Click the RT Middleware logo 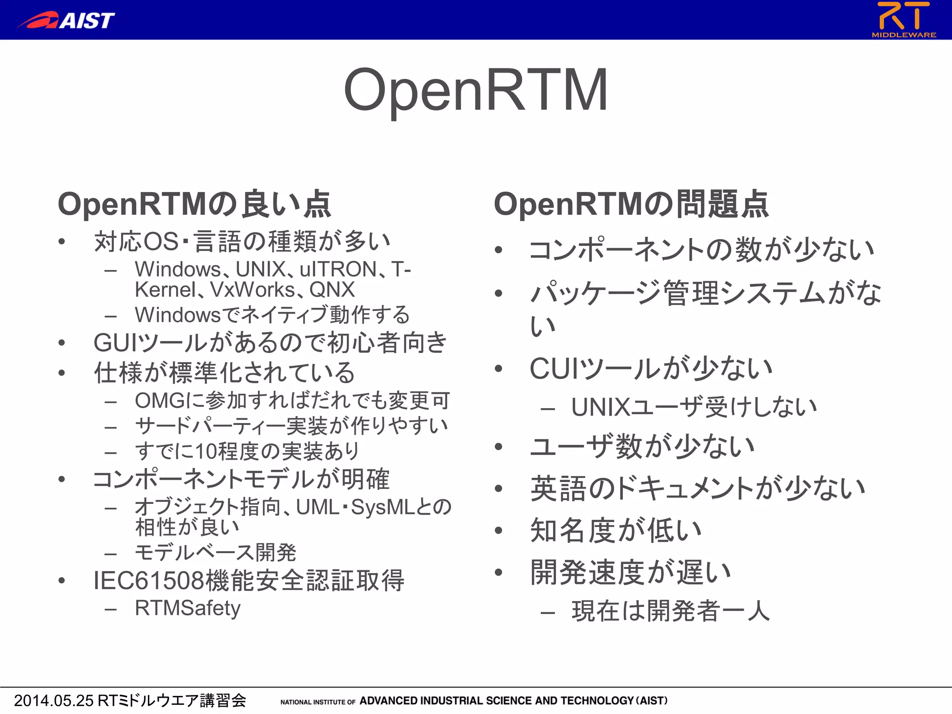[903, 19]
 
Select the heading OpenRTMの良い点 [194, 204]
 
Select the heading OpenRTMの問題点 [631, 204]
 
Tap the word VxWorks [253, 290]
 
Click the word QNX [332, 290]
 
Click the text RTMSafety [187, 608]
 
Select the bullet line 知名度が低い [615, 530]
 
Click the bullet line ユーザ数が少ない [642, 446]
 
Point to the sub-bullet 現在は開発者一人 [670, 611]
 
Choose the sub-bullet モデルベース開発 [215, 552]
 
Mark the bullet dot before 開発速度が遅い [499, 572]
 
